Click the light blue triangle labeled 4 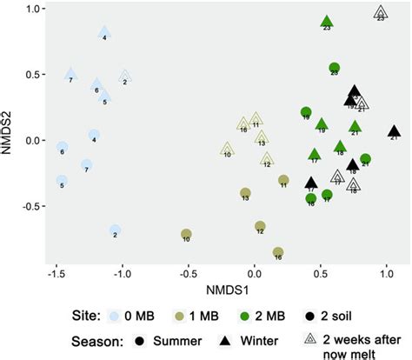click(104, 32)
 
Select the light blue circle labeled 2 click(116, 230)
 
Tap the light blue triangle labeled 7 click(71, 74)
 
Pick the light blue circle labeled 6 click(62, 147)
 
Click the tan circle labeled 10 click(186, 234)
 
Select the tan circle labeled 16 click(278, 252)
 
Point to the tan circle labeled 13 click(245, 193)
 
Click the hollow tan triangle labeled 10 click(227, 149)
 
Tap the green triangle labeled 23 click(327, 22)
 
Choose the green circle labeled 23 click(335, 68)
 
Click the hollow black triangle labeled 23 click(380, 12)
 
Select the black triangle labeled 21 click(394, 130)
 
